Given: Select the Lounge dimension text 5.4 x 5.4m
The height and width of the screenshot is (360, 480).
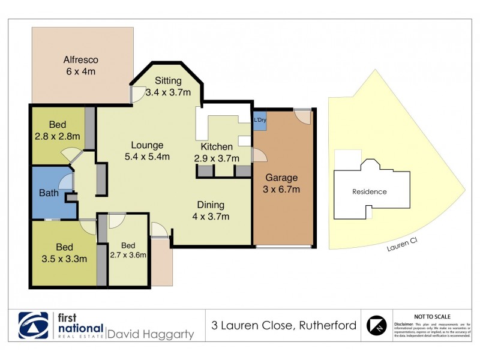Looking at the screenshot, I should click(146, 157).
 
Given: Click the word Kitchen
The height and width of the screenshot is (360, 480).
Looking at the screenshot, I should click(217, 147).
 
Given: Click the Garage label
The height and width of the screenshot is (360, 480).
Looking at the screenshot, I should click(281, 178).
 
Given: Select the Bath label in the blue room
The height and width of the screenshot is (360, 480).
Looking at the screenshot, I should click(49, 193).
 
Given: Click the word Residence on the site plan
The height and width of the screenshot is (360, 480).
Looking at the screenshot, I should click(370, 192).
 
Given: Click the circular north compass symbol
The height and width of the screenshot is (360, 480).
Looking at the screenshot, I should click(376, 325).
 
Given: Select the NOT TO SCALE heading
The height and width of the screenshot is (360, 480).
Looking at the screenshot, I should click(433, 316).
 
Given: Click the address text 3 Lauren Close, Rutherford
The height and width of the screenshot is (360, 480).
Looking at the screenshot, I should click(284, 326).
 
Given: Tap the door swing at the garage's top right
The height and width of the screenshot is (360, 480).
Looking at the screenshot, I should click(303, 116).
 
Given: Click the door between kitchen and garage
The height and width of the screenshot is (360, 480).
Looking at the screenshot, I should click(259, 155).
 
